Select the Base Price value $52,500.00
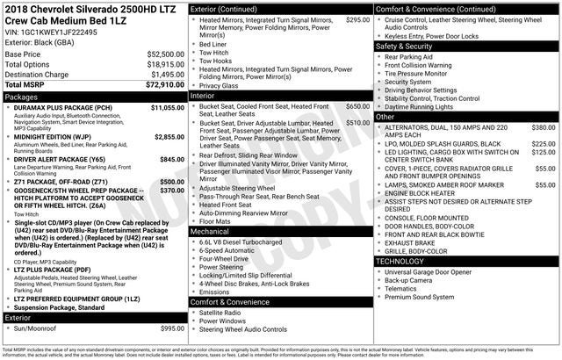166,54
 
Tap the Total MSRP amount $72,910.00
166,85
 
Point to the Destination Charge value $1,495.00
166,75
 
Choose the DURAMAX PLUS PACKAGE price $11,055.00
168,108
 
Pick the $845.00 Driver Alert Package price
172,159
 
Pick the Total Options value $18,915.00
166,64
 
